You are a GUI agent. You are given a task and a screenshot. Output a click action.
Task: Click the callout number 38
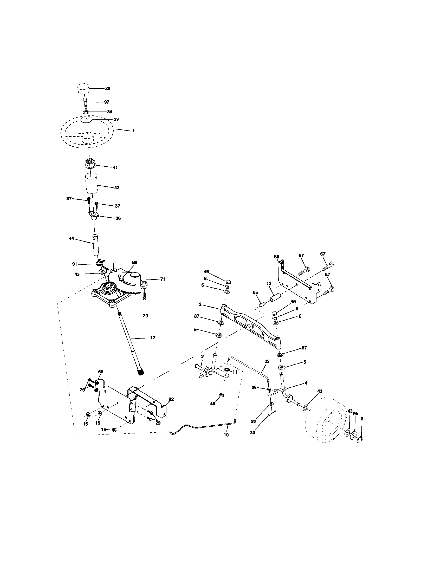click(x=108, y=88)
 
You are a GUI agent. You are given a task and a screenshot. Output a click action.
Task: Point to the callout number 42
click(x=117, y=187)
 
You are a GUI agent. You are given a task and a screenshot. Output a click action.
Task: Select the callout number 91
click(x=75, y=264)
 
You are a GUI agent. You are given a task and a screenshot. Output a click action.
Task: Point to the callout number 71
click(x=163, y=279)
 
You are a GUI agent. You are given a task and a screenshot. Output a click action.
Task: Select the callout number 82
click(x=171, y=399)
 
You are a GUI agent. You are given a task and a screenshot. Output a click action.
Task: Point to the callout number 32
click(x=267, y=361)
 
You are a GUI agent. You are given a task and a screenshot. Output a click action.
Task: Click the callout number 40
click(x=213, y=404)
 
